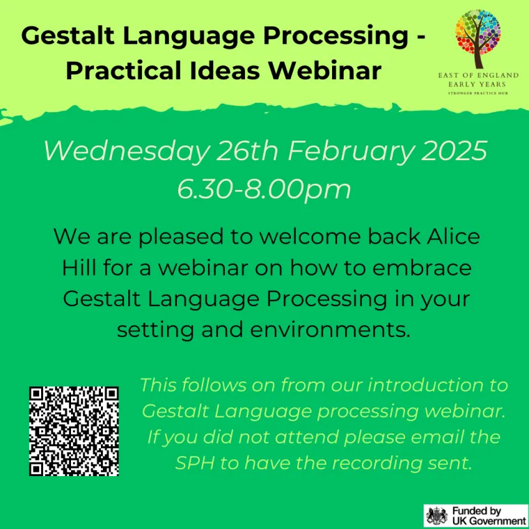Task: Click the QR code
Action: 74,430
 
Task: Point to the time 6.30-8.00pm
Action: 264,188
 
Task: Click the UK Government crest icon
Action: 436,516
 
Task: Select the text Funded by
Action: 477,510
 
